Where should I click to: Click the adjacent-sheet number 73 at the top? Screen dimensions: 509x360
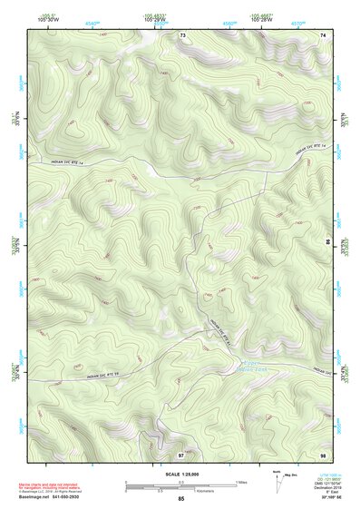point(182,34)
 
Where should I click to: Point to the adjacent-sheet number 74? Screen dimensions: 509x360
point(324,34)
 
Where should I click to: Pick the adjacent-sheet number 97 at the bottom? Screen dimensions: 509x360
point(180,453)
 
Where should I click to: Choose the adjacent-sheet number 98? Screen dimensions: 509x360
point(323,453)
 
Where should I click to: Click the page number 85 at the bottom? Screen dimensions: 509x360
point(181,499)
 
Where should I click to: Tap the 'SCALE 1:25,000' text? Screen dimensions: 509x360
point(180,475)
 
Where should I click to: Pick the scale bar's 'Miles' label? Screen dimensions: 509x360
point(242,481)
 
